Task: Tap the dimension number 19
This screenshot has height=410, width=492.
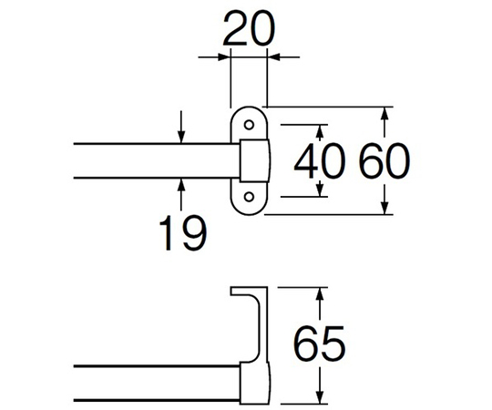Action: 183,232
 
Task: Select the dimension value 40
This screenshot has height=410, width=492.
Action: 320,161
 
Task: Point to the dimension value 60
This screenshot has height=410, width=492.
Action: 384,161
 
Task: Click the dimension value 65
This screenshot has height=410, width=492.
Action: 320,343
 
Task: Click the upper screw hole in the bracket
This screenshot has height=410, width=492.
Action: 249,125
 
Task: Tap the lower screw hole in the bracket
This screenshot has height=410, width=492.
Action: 249,197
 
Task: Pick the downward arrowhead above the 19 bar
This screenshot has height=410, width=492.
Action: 181,137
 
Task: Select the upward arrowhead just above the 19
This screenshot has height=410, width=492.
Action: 181,185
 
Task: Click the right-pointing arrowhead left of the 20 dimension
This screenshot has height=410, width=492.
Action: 223,57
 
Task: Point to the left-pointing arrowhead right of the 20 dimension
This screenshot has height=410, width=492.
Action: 273,57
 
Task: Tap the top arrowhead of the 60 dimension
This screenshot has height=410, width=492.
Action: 385,114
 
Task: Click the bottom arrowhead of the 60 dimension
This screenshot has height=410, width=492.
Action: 385,208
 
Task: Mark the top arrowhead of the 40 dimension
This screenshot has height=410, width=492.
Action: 320,132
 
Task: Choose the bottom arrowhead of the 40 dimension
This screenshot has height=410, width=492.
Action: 320,190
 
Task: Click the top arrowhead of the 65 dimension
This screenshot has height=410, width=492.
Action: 320,294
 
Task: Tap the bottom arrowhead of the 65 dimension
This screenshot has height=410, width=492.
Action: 320,397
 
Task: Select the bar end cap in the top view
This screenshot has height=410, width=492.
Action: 255,160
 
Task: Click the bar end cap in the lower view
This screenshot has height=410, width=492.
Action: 255,383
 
